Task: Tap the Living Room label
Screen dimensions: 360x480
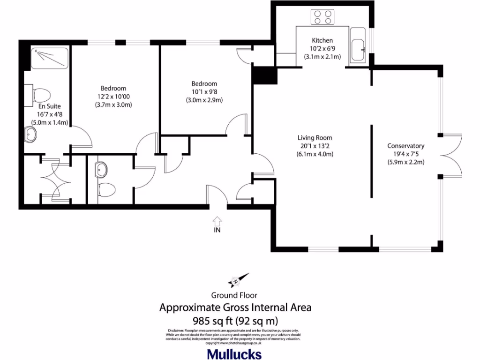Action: [x=315, y=138]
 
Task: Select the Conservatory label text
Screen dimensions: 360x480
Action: [x=405, y=146]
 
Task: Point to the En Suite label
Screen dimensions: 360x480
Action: [x=50, y=106]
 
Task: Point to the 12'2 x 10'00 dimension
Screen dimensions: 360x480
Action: [x=113, y=97]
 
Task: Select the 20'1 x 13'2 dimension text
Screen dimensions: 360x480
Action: [x=315, y=146]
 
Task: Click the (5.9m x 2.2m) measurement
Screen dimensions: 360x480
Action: [x=405, y=162]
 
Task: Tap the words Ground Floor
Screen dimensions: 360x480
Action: [x=234, y=295]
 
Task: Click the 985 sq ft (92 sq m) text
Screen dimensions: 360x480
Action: [x=235, y=321]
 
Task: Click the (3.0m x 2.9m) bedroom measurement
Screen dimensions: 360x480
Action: [x=203, y=100]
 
